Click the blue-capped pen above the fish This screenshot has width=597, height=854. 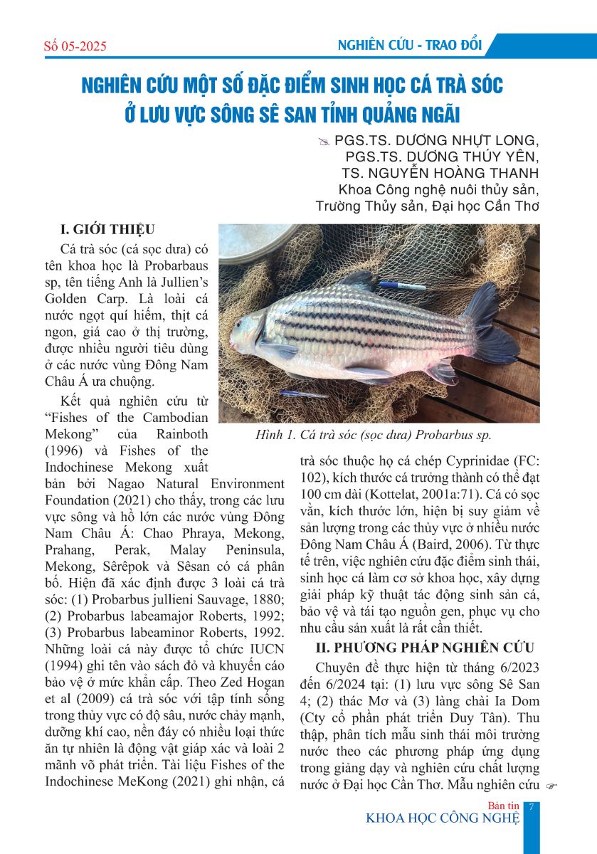tap(401, 285)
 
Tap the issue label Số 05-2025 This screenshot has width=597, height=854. tap(75, 47)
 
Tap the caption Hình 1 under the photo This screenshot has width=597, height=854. tap(374, 435)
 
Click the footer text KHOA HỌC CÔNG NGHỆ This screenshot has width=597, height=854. tap(443, 818)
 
